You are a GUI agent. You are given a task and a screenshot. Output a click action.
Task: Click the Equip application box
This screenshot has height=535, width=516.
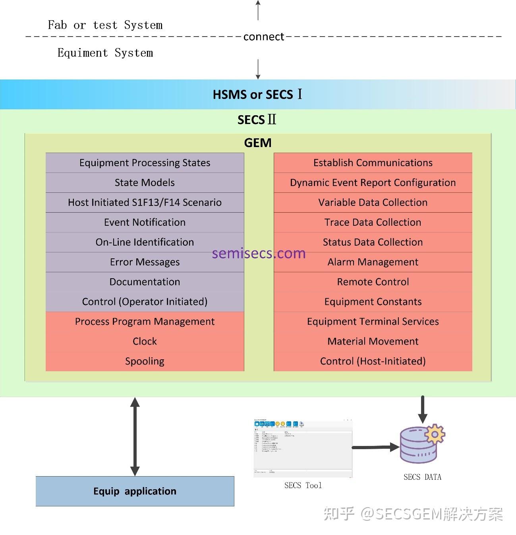click(135, 491)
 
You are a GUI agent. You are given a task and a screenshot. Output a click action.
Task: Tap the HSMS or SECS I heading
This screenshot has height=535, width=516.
click(257, 95)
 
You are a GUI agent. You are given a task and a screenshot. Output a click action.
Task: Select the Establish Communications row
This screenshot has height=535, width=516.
click(373, 163)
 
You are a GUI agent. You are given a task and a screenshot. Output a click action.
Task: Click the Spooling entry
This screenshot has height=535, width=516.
click(145, 361)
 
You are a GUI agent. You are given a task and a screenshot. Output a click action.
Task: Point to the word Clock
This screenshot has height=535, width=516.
click(145, 341)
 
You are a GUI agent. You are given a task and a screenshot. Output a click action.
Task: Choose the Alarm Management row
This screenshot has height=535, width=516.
click(373, 262)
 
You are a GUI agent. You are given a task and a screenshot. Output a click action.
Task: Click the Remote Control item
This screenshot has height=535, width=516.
click(373, 282)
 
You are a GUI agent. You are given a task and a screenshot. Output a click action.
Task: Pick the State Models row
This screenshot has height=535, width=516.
click(145, 182)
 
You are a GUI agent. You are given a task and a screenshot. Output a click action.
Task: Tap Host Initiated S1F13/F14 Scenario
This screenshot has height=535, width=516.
click(145, 202)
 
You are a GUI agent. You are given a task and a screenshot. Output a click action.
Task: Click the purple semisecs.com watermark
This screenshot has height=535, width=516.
click(259, 253)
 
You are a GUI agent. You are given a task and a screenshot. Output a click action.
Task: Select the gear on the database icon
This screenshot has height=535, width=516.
click(435, 434)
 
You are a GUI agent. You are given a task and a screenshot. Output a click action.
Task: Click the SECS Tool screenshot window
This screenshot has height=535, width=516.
click(303, 448)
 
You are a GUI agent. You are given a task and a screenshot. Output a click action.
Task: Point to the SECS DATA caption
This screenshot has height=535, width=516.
click(422, 477)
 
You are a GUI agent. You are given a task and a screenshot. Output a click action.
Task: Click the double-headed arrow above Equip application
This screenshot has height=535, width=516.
click(135, 436)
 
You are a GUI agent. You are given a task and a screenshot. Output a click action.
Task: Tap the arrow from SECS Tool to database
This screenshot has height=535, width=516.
click(375, 447)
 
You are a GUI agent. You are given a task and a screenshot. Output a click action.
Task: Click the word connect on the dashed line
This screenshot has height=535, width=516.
click(264, 37)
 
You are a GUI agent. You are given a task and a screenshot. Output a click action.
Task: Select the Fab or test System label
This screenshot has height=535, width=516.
click(105, 25)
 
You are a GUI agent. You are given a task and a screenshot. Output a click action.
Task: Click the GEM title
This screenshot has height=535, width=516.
click(257, 143)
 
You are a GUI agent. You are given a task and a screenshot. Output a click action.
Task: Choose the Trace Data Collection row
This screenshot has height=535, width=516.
click(373, 222)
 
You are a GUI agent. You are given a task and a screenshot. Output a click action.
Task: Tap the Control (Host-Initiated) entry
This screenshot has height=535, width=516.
click(373, 361)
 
